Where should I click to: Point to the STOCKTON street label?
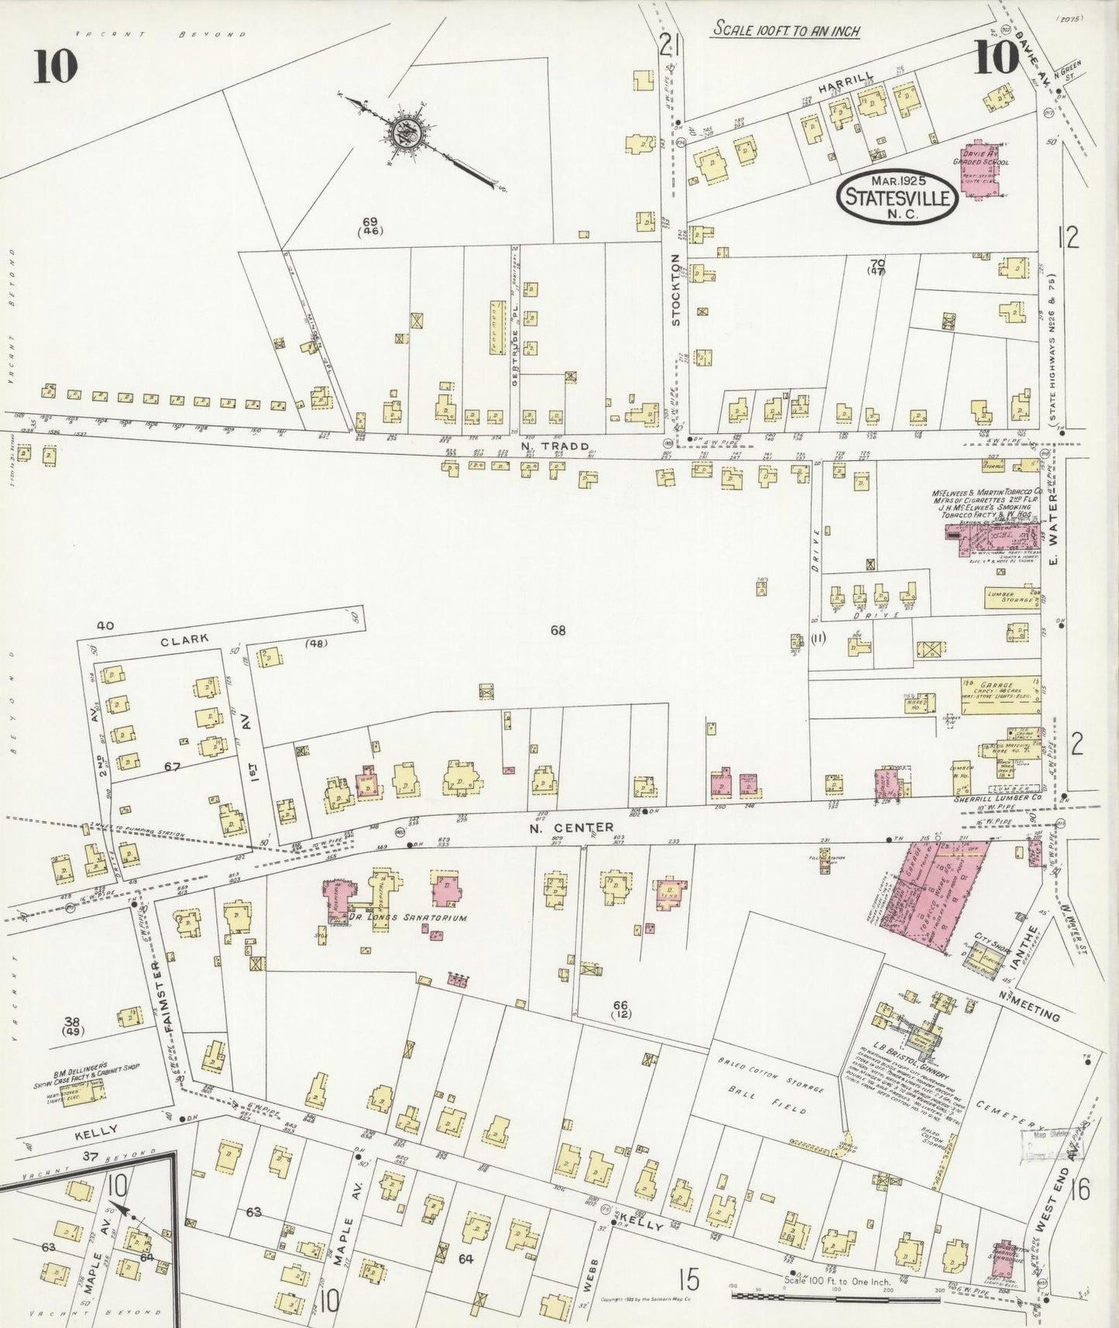pyautogui.click(x=675, y=288)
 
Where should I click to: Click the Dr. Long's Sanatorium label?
pyautogui.click(x=409, y=917)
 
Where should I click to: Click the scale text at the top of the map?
pyautogui.click(x=786, y=29)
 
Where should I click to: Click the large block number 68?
pyautogui.click(x=558, y=630)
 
